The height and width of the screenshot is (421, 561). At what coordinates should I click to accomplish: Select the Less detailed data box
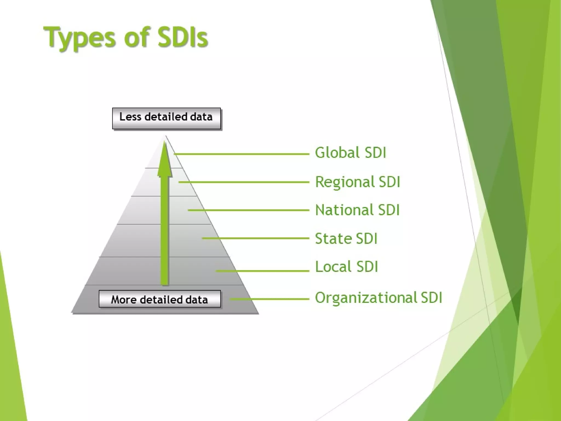click(166, 118)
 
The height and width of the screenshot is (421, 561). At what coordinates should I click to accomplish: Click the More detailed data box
click(159, 299)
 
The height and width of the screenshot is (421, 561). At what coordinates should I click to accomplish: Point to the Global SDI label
click(350, 153)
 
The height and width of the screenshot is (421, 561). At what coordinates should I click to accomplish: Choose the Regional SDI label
click(357, 182)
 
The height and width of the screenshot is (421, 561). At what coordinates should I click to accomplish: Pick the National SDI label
click(357, 210)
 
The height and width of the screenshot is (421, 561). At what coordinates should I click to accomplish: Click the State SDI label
click(346, 238)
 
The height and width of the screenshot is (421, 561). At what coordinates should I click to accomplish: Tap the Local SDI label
click(347, 267)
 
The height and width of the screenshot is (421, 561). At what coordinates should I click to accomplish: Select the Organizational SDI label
click(379, 298)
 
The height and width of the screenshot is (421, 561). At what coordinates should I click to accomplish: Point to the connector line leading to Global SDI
click(241, 154)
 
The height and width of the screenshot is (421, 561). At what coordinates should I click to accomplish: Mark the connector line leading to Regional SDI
click(244, 182)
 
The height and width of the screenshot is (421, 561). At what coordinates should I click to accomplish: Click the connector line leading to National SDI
click(248, 210)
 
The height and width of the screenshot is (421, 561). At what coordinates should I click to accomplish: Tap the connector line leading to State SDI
click(255, 238)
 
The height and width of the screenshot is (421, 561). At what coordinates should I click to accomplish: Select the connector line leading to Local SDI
click(262, 271)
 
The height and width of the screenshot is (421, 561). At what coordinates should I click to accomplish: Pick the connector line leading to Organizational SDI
click(270, 299)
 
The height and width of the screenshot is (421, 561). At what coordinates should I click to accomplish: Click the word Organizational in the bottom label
click(365, 298)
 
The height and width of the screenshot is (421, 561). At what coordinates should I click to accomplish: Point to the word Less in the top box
click(130, 117)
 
